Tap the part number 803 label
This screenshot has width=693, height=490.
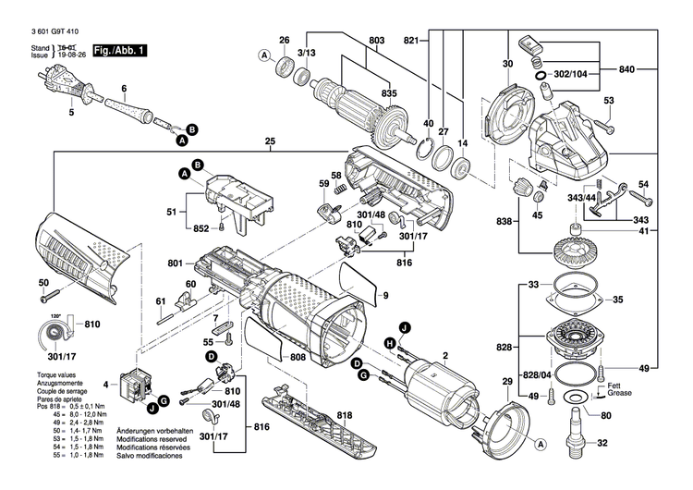pos(376,40)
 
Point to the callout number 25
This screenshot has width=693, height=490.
pos(270,142)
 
